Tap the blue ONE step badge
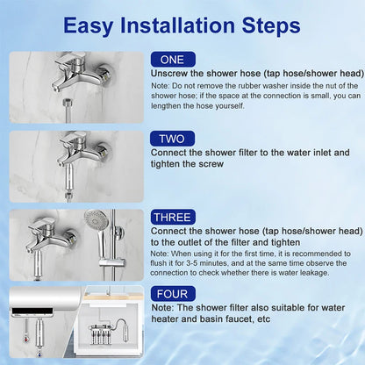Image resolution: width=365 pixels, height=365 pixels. pyautogui.click(x=172, y=58)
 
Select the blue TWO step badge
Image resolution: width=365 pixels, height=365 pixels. pyautogui.click(x=172, y=139)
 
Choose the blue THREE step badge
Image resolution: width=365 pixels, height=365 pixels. pyautogui.click(x=173, y=217)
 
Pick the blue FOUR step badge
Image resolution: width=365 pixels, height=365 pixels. pyautogui.click(x=172, y=293)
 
